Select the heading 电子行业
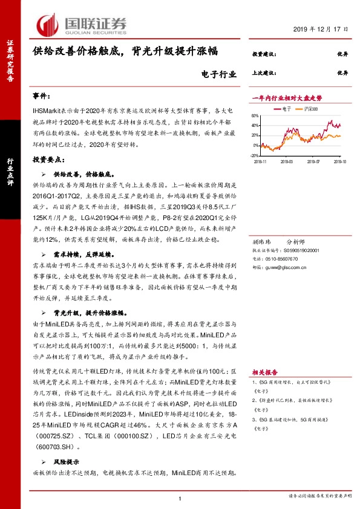[x=216, y=74]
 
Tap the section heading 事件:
[x=42, y=97]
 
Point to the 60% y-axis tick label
[x=259, y=117]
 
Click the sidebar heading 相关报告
[x=266, y=373]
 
